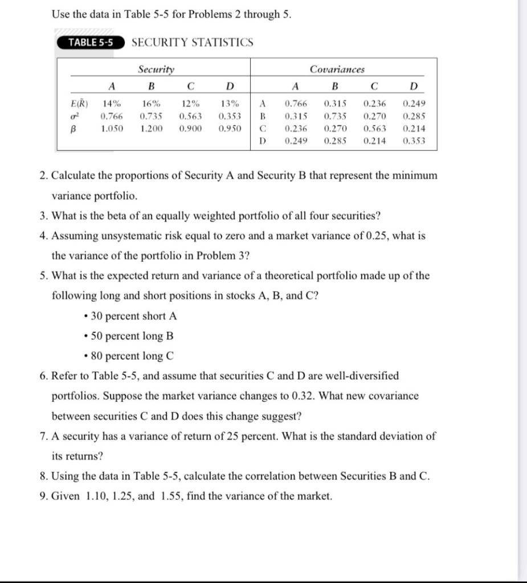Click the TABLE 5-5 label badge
90,43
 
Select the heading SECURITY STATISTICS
192,43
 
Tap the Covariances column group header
337,69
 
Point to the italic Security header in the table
156,69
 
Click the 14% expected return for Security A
112,104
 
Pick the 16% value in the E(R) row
151,104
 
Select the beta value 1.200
151,129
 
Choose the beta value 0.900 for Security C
190,129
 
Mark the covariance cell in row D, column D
414,141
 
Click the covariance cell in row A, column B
334,104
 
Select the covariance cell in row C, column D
414,129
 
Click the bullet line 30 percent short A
133,316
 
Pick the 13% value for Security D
230,104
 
